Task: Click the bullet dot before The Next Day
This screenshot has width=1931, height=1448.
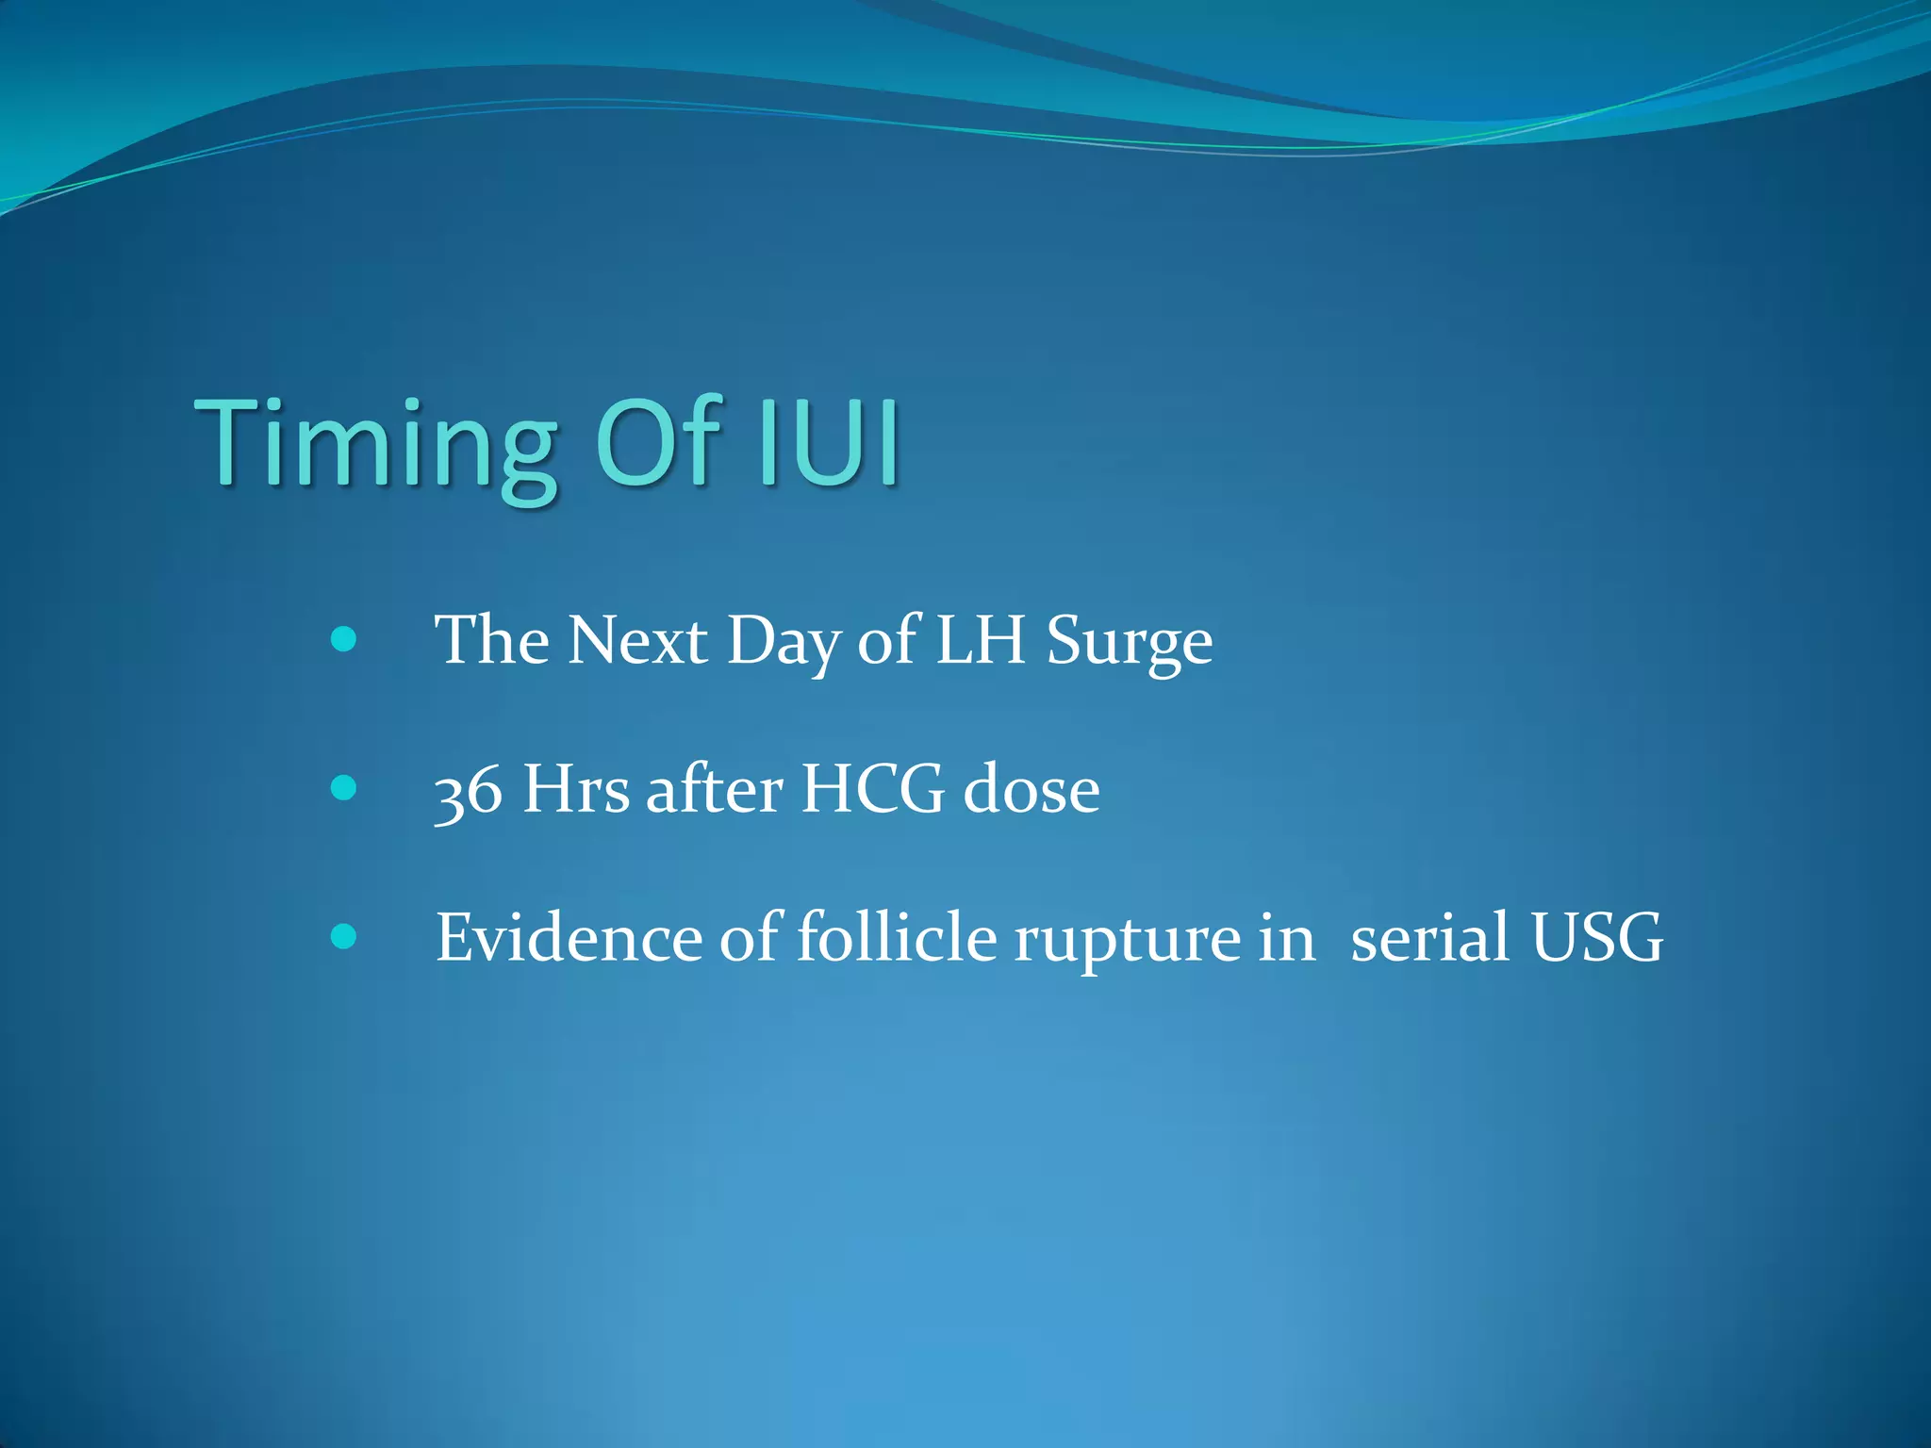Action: pos(344,640)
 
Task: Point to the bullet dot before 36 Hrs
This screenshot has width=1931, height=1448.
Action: pos(344,788)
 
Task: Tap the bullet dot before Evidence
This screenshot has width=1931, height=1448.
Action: pos(344,936)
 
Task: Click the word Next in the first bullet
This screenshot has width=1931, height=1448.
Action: pos(637,641)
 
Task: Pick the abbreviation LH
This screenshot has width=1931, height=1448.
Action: pos(980,641)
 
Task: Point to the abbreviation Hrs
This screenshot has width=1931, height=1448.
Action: pos(575,790)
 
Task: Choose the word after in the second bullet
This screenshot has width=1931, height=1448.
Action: pos(715,790)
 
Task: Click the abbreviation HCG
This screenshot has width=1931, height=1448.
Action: pos(872,790)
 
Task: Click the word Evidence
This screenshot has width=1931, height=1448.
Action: pos(569,938)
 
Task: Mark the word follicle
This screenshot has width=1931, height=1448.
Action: pos(897,938)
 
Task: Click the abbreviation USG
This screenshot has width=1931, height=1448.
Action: pos(1597,938)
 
